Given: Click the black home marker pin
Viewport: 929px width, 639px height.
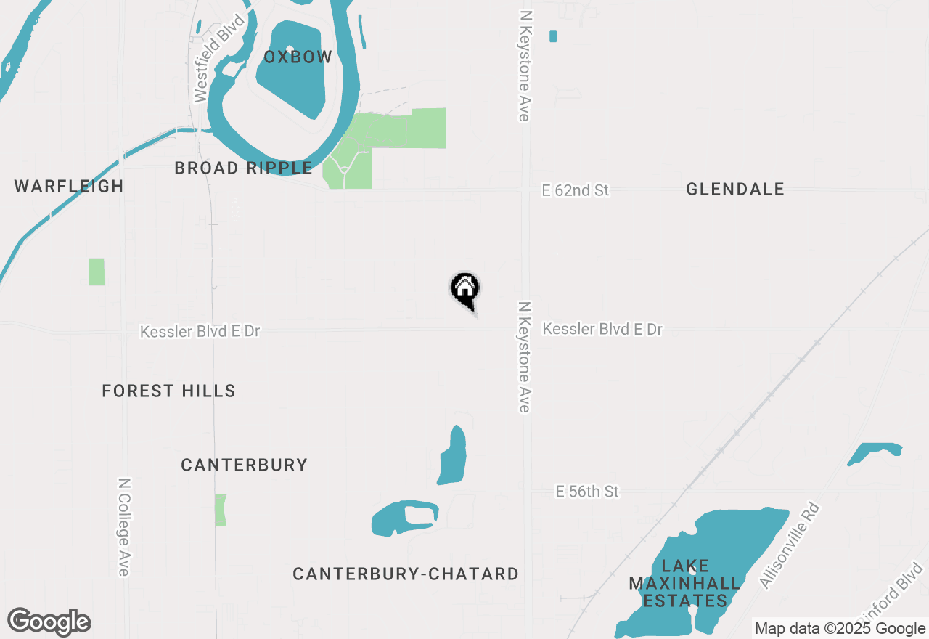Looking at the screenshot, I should [465, 289].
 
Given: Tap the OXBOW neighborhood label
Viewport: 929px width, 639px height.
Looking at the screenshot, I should [298, 57].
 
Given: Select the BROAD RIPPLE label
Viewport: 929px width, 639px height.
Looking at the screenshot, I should [243, 168].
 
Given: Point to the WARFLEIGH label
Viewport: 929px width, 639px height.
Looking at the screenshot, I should [69, 186].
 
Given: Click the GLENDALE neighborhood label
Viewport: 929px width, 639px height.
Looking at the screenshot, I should [734, 190].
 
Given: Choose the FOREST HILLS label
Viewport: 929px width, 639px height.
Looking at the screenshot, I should [168, 391].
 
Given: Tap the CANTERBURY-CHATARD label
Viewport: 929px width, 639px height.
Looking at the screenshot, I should [406, 574].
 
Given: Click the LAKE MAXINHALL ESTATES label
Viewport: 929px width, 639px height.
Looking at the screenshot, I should [685, 583].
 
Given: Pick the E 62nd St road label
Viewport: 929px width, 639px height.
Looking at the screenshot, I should [576, 190].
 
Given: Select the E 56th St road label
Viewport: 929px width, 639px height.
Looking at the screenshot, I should [587, 492].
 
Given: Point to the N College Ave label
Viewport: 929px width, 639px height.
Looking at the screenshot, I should [124, 526].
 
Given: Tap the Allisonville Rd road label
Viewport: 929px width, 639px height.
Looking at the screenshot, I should [789, 545].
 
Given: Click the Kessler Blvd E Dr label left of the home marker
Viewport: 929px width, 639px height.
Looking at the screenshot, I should [200, 332].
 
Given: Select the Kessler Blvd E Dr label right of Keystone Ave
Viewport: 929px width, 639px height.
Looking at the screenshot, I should [602, 330].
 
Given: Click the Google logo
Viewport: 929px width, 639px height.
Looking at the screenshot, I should [49, 622].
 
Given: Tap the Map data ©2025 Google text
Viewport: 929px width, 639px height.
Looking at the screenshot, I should [840, 629].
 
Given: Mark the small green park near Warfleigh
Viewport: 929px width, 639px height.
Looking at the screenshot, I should [97, 272].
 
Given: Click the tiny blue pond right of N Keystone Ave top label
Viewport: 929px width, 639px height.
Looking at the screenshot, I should [553, 36].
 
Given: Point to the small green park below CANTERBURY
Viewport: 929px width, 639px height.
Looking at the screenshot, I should [221, 510].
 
